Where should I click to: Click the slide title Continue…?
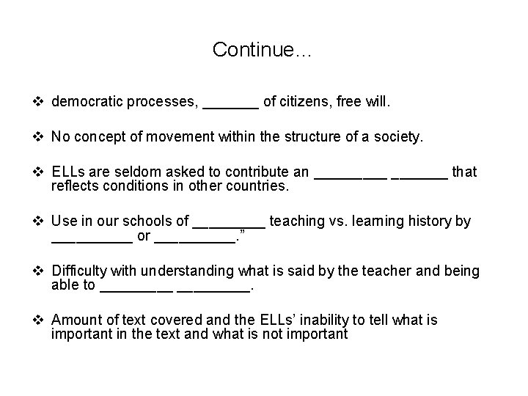tap(263, 50)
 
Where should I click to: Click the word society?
tap(400, 137)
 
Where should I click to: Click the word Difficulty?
tap(78, 271)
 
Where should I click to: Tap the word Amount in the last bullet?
tap(76, 320)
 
